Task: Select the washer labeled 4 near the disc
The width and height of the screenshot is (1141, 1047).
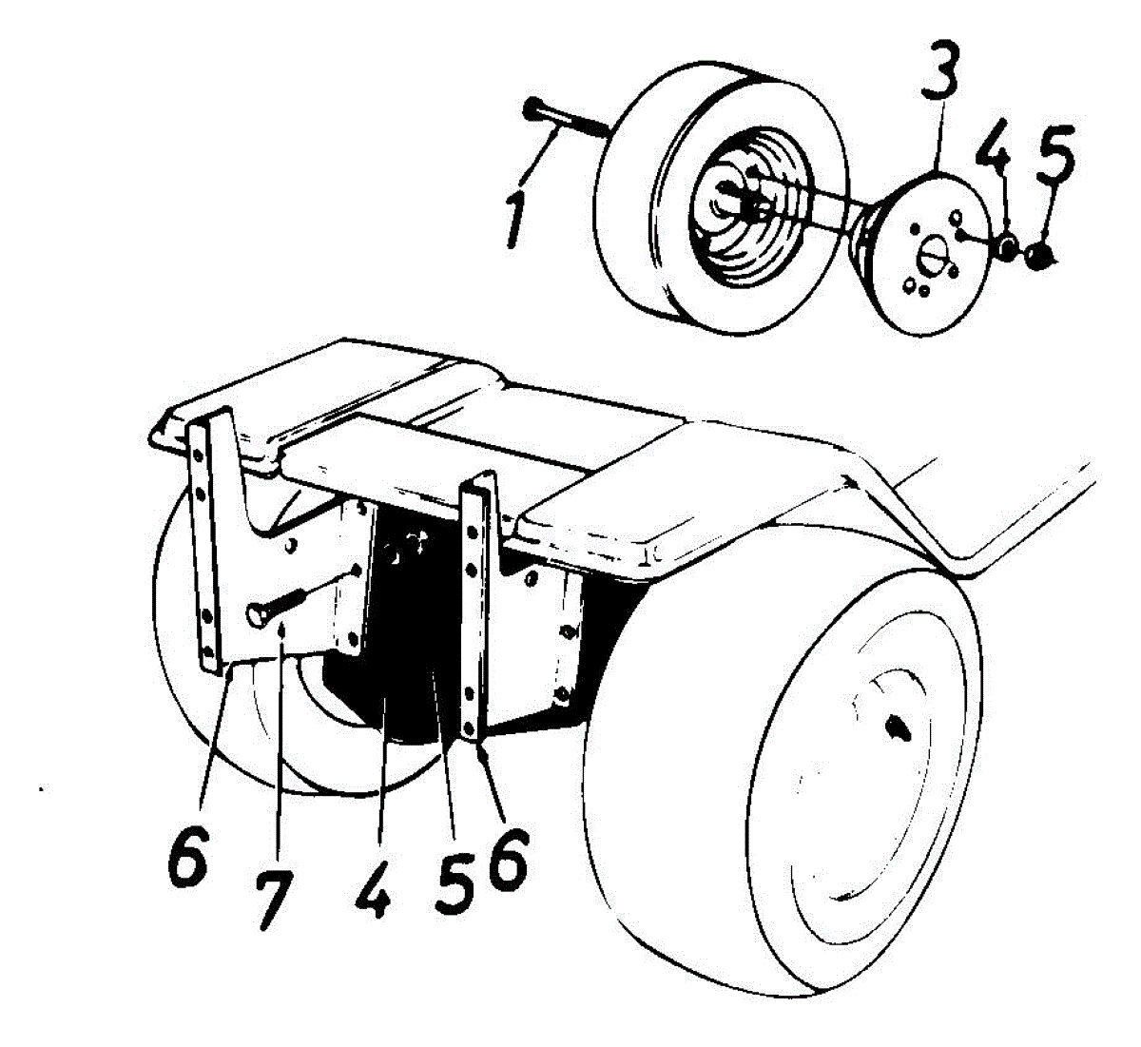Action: pos(1006,249)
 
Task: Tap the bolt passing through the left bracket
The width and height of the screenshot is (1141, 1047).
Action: pos(276,607)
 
